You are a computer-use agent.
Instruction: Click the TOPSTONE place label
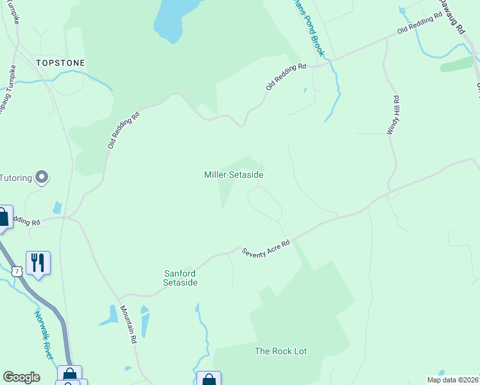coord(60,63)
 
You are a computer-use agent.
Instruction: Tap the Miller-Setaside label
coord(234,175)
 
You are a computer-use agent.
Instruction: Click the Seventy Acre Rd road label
coord(266,248)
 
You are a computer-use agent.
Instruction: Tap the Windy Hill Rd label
coord(393,115)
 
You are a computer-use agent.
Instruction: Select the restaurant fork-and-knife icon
coord(38,262)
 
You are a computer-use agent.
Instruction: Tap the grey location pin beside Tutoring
coord(42,176)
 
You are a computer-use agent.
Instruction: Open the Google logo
coord(21,377)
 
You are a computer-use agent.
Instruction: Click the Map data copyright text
coord(453,380)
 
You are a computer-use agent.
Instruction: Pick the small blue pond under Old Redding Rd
coord(57,207)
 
